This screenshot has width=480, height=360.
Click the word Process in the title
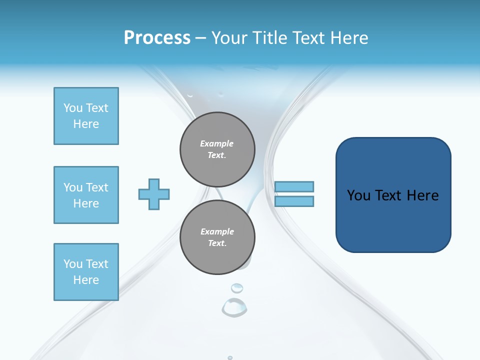[x=157, y=38]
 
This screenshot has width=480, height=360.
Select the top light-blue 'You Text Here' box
[x=86, y=116]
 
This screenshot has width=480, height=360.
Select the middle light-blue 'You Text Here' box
[x=86, y=195]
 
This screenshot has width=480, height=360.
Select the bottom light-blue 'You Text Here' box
[x=86, y=272]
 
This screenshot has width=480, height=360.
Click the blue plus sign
[x=154, y=194]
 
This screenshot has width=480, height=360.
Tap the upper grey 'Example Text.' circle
[x=217, y=149]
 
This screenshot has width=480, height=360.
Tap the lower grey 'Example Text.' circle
[x=217, y=237]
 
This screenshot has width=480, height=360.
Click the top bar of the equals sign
[x=294, y=186]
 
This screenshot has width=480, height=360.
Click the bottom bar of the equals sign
[x=294, y=201]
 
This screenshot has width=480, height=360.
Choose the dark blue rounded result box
[x=393, y=195]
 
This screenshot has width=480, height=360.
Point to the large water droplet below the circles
[x=234, y=307]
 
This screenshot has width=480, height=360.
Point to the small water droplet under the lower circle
[x=236, y=287]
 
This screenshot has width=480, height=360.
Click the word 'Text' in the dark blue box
[x=393, y=195]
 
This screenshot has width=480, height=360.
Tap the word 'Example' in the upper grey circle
[x=217, y=143]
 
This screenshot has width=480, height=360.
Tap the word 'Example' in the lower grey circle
[x=217, y=231]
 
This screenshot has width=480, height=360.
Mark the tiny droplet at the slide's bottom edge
[x=230, y=357]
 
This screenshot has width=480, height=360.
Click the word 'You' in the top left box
[x=73, y=108]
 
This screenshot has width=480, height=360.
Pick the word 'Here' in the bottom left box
[x=86, y=280]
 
